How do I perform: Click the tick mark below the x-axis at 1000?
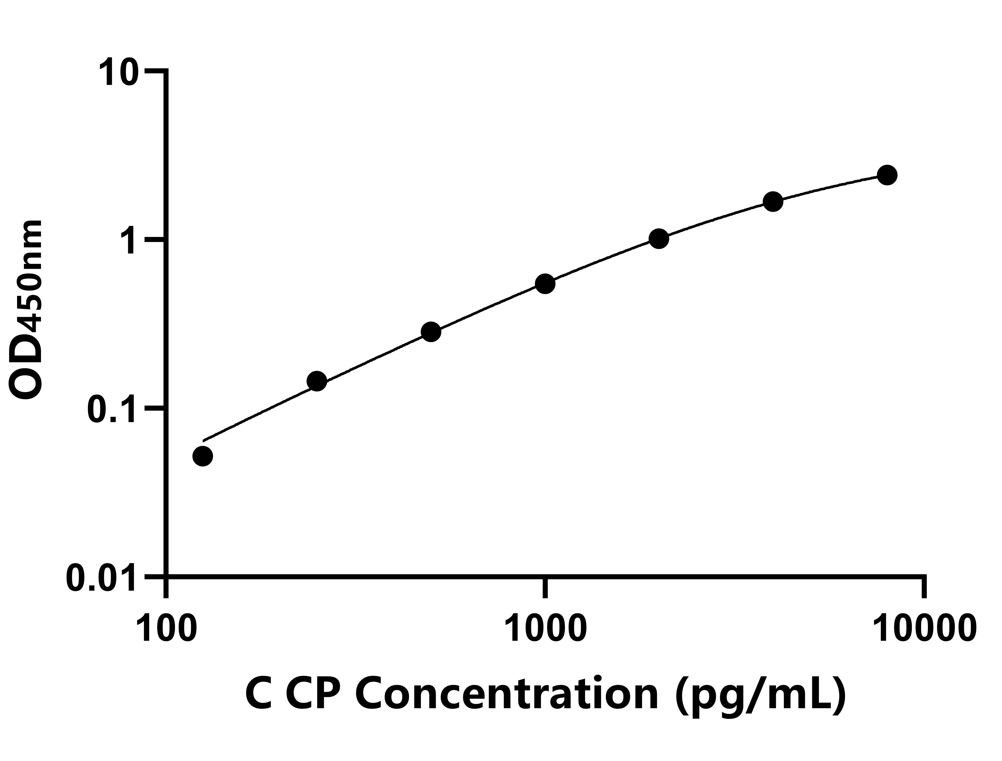click(x=545, y=587)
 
